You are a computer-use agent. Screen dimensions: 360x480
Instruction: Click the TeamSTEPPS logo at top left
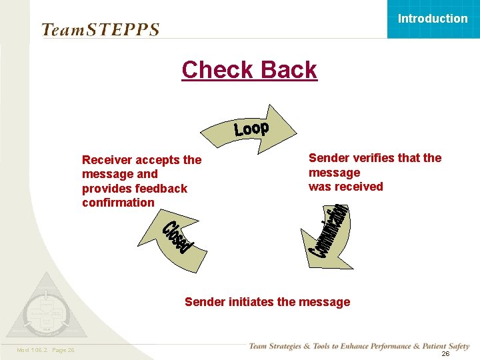point(101,30)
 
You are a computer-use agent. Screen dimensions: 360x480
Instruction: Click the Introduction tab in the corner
point(433,19)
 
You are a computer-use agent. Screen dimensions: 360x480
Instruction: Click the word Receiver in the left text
point(107,160)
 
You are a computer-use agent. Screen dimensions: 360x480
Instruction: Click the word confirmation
point(118,203)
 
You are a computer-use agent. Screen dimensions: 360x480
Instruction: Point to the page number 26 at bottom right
point(445,354)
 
